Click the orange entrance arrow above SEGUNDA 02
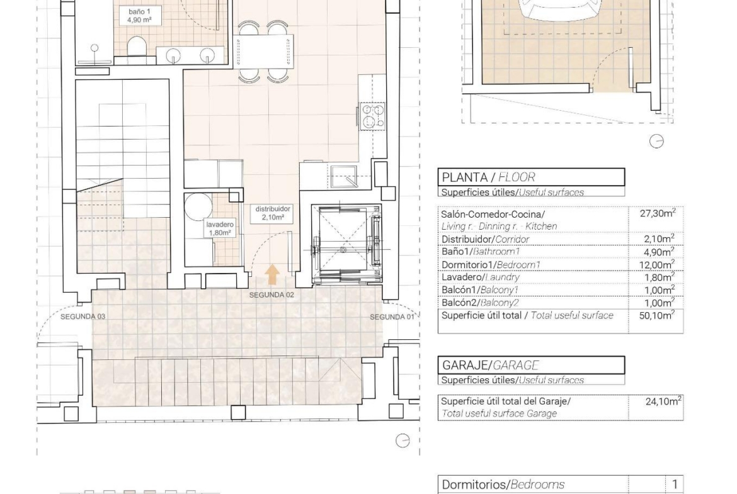pyautogui.click(x=271, y=275)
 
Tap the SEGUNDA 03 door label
pyautogui.click(x=83, y=317)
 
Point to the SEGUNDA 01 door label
pyautogui.click(x=392, y=317)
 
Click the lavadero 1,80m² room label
pyautogui.click(x=219, y=228)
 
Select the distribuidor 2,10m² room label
pyautogui.click(x=273, y=213)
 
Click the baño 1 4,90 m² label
pyautogui.click(x=139, y=16)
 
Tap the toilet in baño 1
pyautogui.click(x=137, y=48)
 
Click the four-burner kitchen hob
pyautogui.click(x=373, y=116)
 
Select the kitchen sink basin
pyautogui.click(x=344, y=177)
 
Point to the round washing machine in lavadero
pyautogui.click(x=198, y=206)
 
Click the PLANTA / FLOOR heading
pyautogui.click(x=488, y=177)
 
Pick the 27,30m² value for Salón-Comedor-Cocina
pyautogui.click(x=658, y=213)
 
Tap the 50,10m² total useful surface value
pyautogui.click(x=656, y=315)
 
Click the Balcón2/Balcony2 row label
pyautogui.click(x=480, y=303)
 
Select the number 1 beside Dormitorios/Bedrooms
pyautogui.click(x=675, y=484)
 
